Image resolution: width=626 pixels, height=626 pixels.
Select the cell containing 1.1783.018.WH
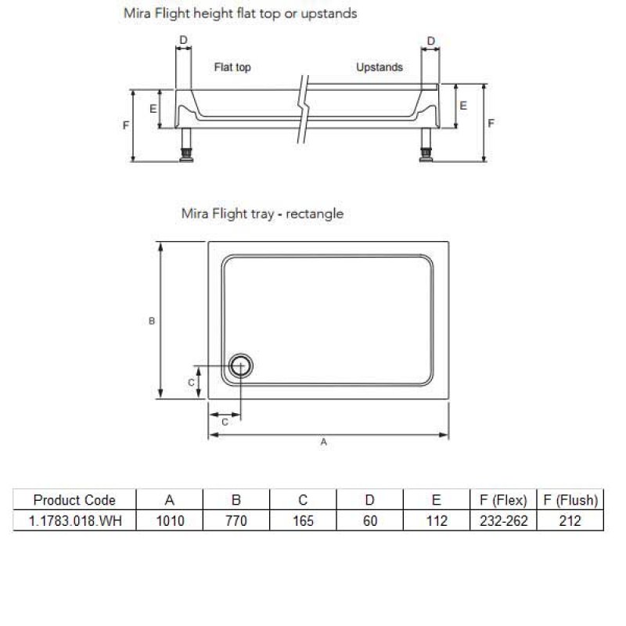click(74, 521)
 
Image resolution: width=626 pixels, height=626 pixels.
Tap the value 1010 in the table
click(169, 521)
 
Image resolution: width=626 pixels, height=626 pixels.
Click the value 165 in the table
click(303, 521)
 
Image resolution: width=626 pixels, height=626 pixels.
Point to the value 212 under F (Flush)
click(570, 521)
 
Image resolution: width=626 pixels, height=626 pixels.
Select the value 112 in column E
click(437, 521)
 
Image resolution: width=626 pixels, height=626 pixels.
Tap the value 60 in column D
click(370, 521)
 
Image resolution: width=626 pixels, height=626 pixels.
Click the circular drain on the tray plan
click(241, 365)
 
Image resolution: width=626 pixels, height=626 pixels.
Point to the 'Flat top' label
click(232, 68)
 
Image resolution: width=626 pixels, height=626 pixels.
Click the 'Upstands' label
click(380, 68)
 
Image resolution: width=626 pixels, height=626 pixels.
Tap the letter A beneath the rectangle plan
click(323, 442)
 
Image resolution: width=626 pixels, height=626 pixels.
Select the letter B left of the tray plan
click(153, 321)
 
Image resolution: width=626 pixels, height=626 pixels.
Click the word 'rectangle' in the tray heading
click(315, 214)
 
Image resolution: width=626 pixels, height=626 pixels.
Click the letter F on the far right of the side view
click(491, 123)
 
